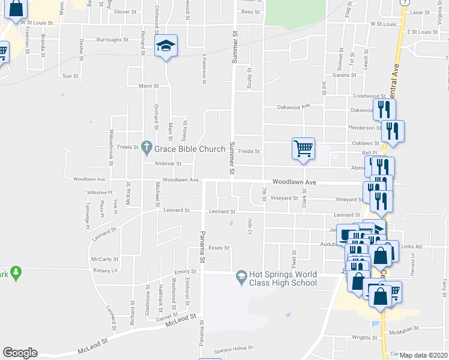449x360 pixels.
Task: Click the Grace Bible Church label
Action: click(x=190, y=148)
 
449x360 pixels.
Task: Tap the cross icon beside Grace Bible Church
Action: click(x=145, y=146)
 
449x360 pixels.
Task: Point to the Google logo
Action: click(x=20, y=353)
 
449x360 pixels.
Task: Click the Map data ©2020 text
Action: click(x=423, y=355)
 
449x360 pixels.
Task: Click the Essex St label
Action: click(x=219, y=248)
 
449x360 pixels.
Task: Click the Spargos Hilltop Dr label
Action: click(x=234, y=347)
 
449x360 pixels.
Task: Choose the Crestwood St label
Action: click(x=369, y=96)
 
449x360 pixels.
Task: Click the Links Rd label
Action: click(x=411, y=247)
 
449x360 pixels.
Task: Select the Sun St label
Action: click(x=70, y=76)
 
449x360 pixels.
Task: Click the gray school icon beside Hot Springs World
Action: click(x=241, y=275)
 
